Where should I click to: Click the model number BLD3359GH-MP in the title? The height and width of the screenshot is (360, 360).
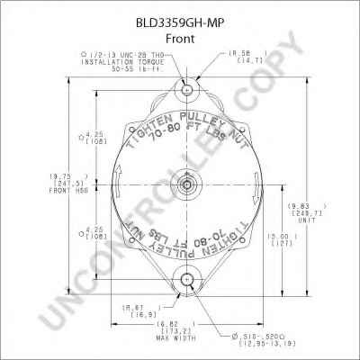(x=180, y=13)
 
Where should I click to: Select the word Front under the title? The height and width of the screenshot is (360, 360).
(x=180, y=28)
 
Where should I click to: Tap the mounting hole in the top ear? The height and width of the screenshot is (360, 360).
(x=186, y=91)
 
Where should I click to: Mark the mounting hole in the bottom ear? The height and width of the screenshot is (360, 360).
(x=186, y=279)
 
